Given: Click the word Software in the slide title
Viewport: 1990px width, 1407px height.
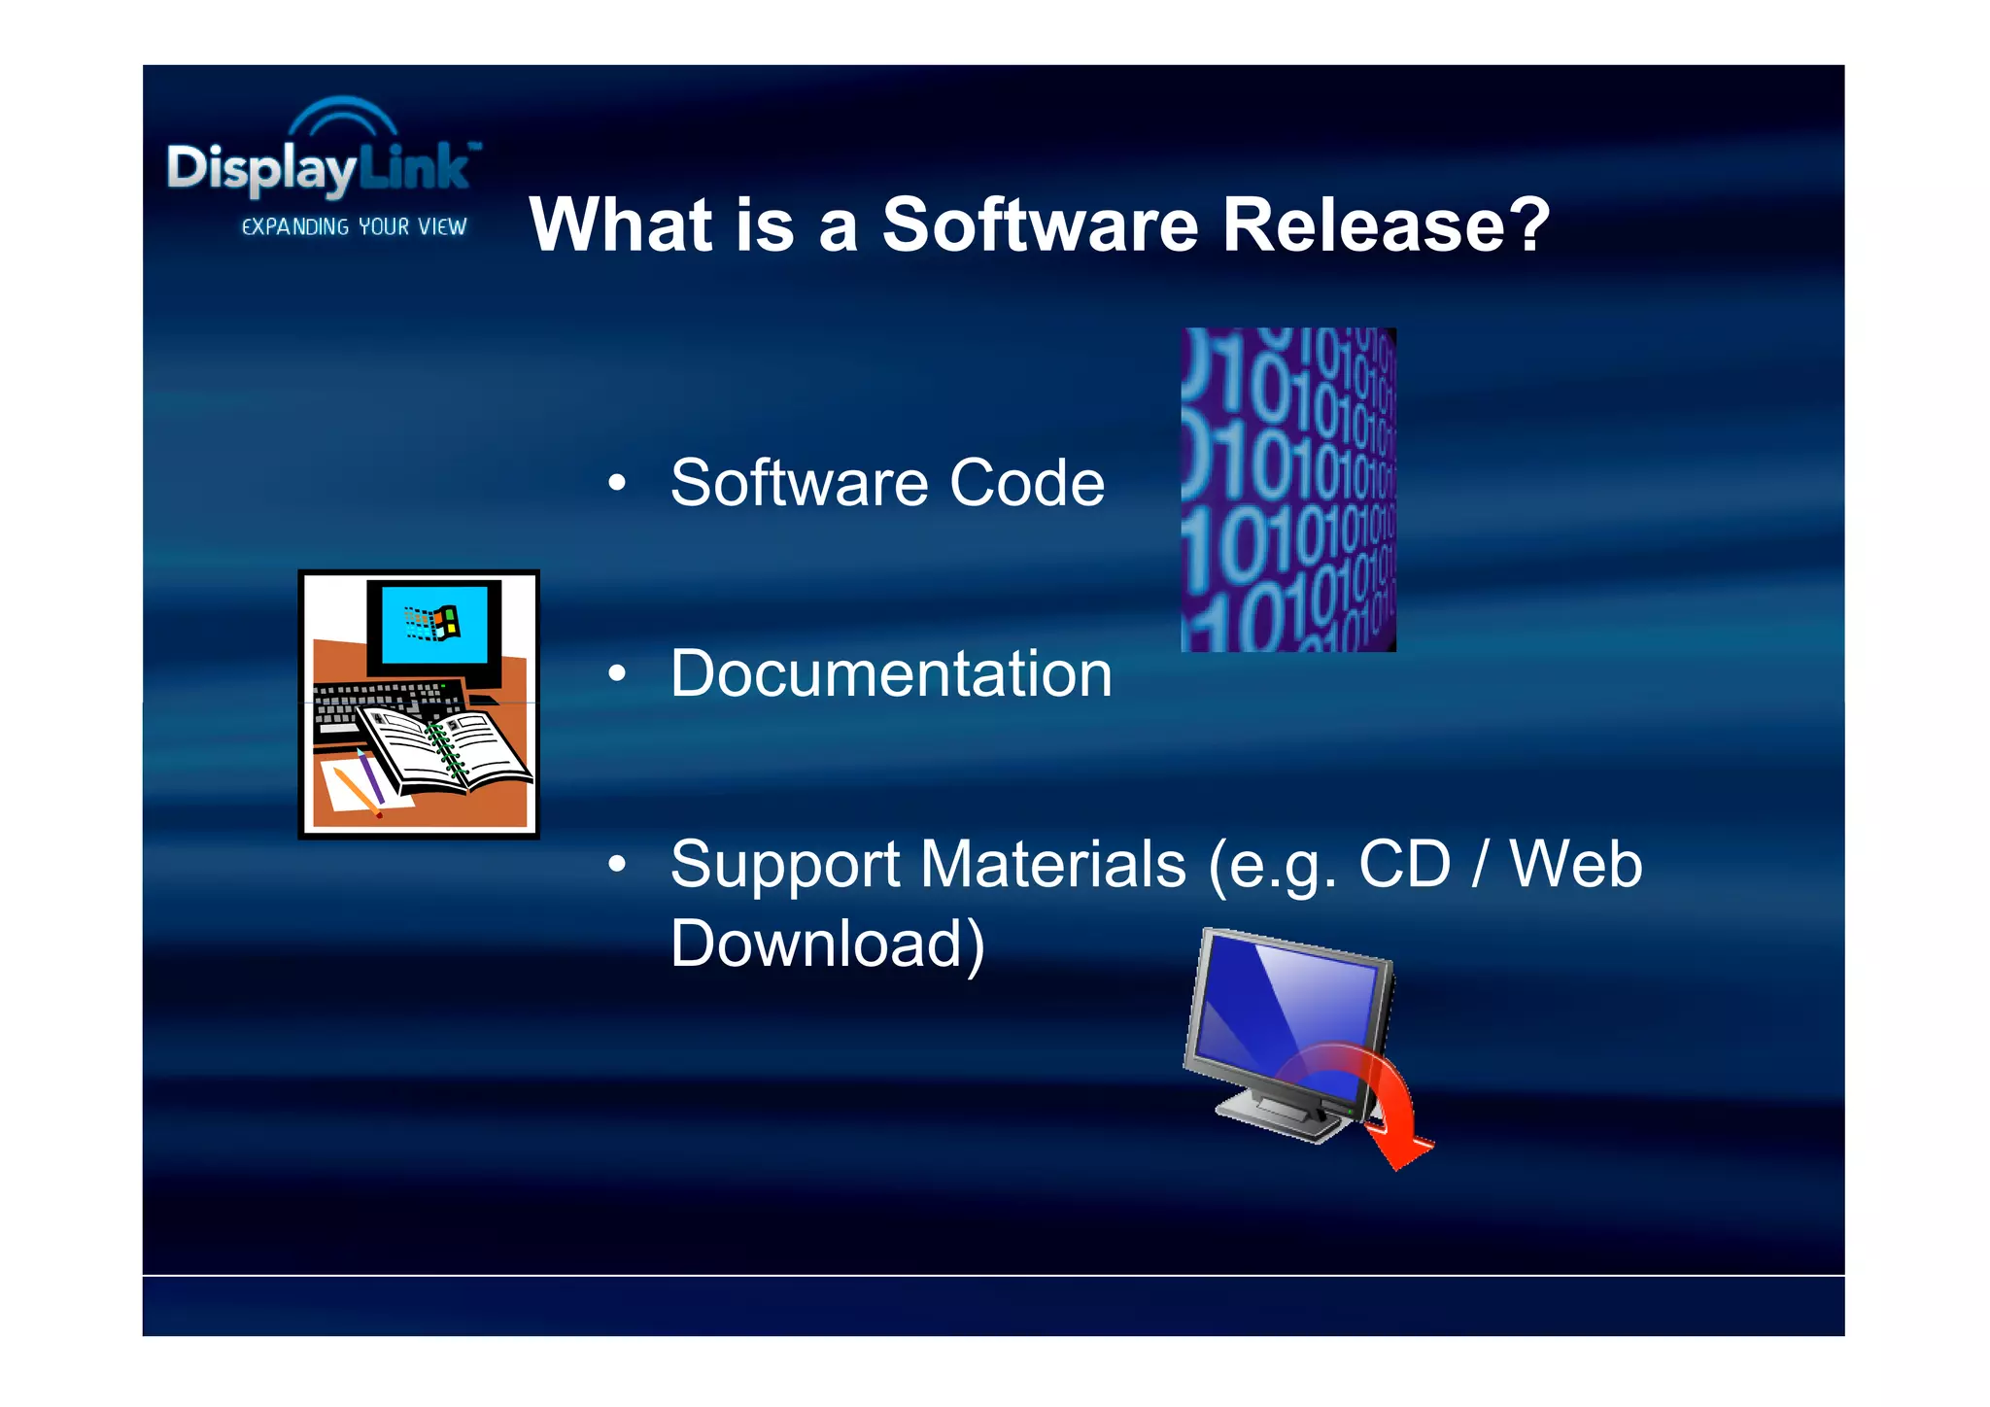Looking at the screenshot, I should (1041, 224).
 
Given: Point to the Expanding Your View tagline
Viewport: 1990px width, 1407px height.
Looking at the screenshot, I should (354, 226).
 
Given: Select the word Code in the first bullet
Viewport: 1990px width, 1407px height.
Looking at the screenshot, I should (1027, 483).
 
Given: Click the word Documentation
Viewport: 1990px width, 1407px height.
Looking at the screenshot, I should (891, 673).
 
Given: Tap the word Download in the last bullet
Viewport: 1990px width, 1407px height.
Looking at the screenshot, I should (827, 944).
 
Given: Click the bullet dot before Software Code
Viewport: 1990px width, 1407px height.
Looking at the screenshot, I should (617, 483).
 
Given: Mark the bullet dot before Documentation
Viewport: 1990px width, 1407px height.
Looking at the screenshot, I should (617, 673).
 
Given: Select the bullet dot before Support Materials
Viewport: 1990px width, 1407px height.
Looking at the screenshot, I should (617, 864).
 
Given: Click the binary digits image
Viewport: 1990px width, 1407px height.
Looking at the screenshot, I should (1288, 490).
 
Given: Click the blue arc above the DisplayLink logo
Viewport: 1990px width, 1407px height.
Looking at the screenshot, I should (344, 114).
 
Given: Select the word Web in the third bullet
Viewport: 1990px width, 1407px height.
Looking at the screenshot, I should (1575, 864).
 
